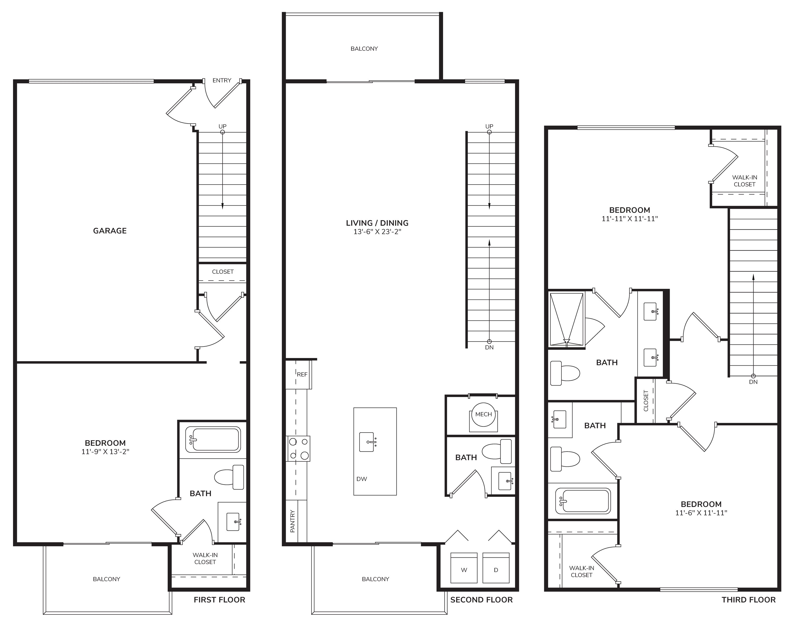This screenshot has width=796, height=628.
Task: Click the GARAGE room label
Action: point(110,230)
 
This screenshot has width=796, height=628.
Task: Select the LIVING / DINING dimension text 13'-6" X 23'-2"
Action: point(377,232)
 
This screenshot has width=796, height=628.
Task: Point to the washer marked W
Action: point(464,568)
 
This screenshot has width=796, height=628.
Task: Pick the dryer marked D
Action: point(496,568)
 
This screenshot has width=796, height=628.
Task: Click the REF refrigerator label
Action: point(302,374)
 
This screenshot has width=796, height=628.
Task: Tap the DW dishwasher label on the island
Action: point(362,479)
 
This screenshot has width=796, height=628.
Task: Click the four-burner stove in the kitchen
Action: point(298,448)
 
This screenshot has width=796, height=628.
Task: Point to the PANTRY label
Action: point(292,521)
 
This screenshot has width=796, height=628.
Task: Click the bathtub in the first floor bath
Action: point(213,439)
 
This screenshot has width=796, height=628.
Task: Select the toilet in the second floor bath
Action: point(497,451)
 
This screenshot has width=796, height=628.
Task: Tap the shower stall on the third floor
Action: point(566,320)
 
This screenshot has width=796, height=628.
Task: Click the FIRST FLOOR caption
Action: point(220,600)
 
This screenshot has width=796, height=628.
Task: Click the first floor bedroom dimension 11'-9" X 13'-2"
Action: point(105,452)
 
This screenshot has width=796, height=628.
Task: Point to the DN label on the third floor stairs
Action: point(753,382)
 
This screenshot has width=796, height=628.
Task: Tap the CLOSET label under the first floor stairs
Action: point(223,272)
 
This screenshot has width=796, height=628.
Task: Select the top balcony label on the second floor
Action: point(364,49)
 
